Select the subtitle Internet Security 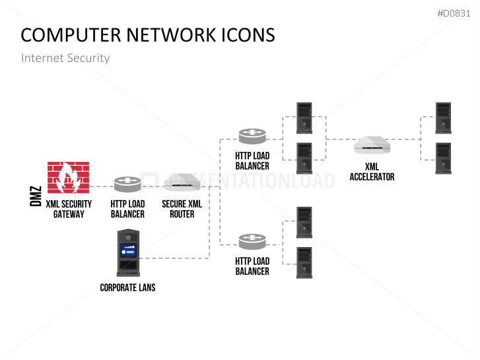click(x=65, y=58)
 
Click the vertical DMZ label click(x=36, y=196)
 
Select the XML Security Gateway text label click(x=69, y=209)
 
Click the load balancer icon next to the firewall click(x=127, y=184)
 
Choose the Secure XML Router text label click(x=182, y=209)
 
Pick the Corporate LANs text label click(x=127, y=288)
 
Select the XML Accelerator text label click(x=372, y=172)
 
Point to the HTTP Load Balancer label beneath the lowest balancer click(x=252, y=266)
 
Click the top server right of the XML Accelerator click(x=444, y=118)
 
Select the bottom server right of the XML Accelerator click(x=444, y=158)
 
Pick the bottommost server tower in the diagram click(x=304, y=262)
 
